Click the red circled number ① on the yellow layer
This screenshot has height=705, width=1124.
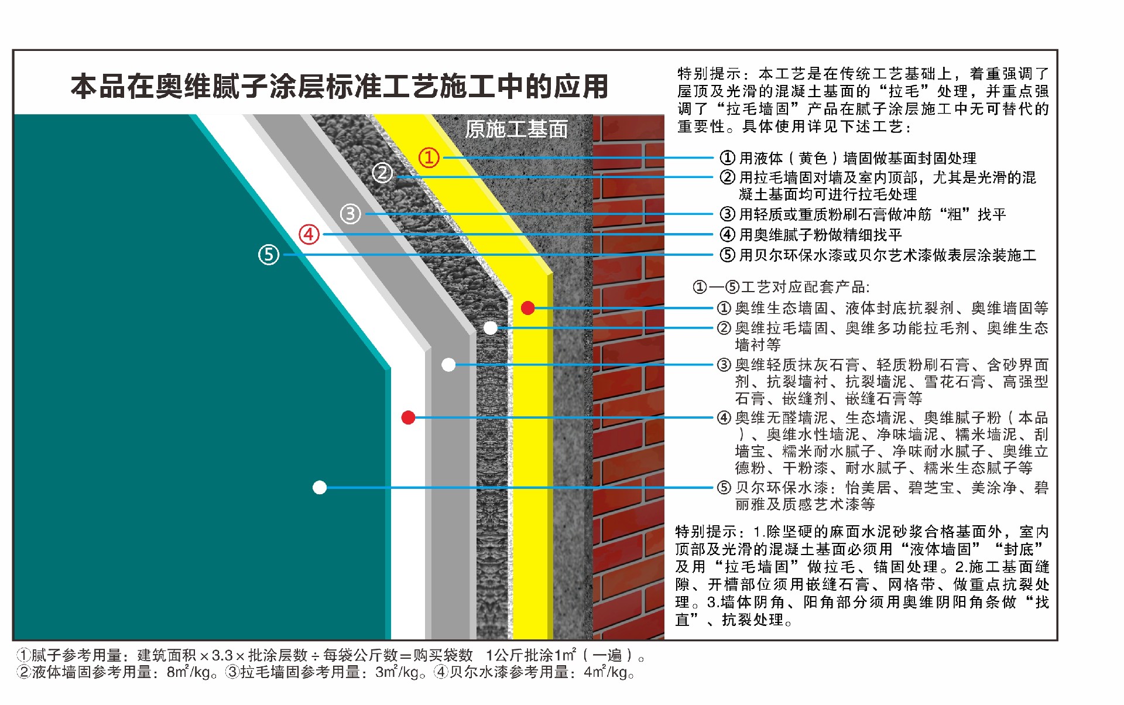pos(429,158)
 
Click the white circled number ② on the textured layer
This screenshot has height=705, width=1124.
pos(382,173)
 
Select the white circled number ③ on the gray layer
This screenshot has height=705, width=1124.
pos(350,214)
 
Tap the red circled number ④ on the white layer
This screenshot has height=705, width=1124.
pos(309,234)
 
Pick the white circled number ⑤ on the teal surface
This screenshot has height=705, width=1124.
pos(269,255)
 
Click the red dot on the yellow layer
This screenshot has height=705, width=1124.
pos(527,308)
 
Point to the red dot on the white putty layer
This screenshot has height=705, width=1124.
pos(409,417)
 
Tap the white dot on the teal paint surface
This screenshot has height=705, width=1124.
pos(320,487)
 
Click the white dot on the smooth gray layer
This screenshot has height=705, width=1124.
pos(448,365)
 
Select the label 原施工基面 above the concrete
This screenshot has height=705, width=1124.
pos(516,129)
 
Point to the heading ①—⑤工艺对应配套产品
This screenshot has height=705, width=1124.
pos(781,287)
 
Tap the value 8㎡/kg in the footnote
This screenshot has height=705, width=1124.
pos(189,672)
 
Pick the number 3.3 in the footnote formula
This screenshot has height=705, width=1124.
pos(222,655)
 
